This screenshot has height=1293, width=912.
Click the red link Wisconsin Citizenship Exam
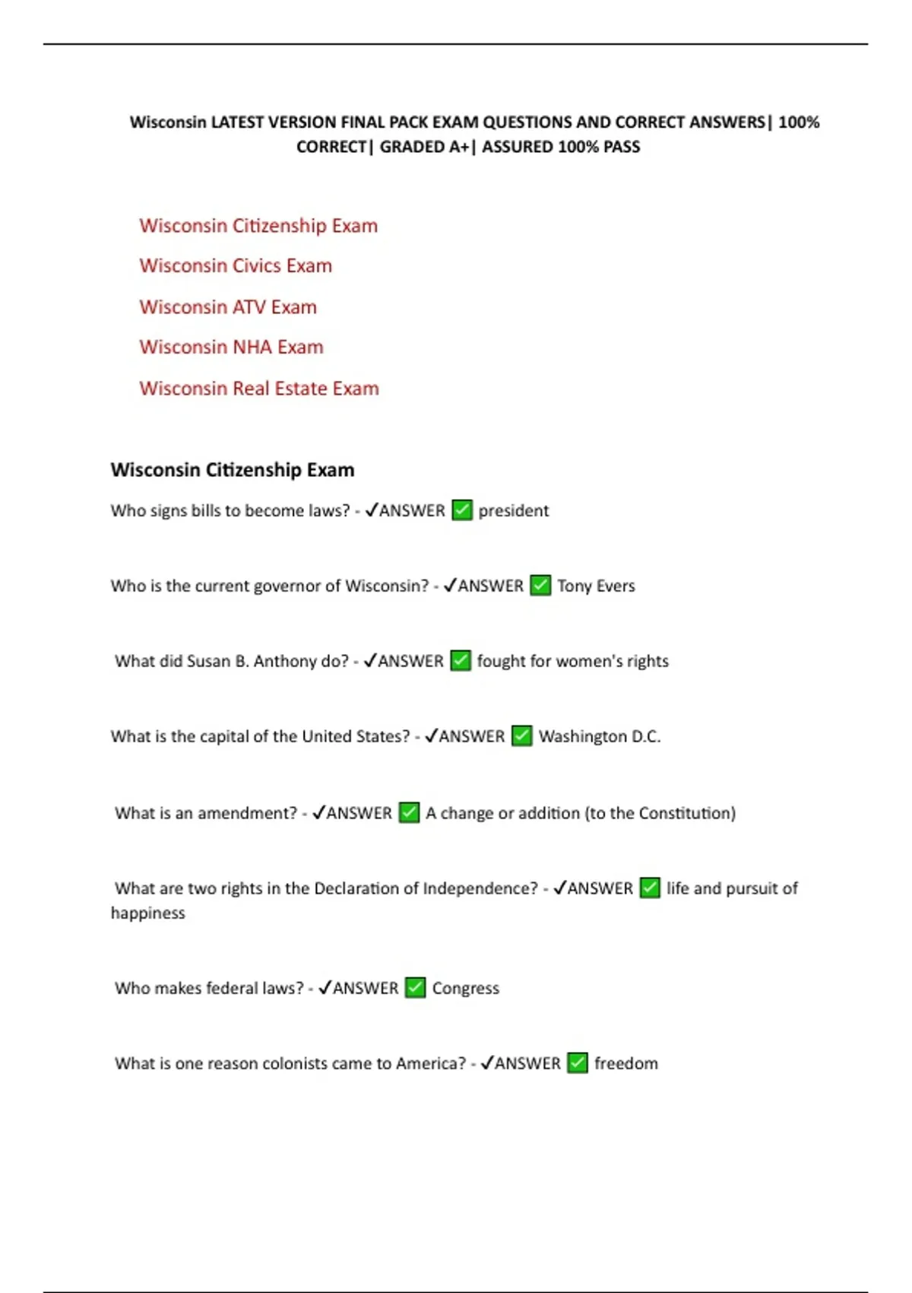click(258, 226)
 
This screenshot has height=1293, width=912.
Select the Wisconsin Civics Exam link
click(236, 266)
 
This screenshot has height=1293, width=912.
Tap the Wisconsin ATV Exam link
click(228, 307)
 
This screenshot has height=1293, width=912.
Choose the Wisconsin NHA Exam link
click(231, 348)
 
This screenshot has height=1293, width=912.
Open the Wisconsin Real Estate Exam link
click(259, 389)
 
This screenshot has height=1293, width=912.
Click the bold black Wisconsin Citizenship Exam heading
click(233, 470)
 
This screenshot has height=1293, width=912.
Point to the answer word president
click(513, 510)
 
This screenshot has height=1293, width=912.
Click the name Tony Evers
click(596, 586)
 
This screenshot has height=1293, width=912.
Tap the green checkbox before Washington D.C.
click(521, 736)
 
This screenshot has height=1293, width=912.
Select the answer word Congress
click(466, 988)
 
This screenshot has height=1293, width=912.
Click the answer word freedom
click(626, 1063)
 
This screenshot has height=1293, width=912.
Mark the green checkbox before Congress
click(415, 988)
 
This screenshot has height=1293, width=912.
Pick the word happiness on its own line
click(148, 913)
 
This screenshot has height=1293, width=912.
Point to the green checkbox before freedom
click(578, 1063)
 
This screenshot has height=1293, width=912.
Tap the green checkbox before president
click(462, 510)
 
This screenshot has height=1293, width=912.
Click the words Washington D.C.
click(600, 736)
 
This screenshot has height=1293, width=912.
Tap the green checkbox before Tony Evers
click(540, 586)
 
